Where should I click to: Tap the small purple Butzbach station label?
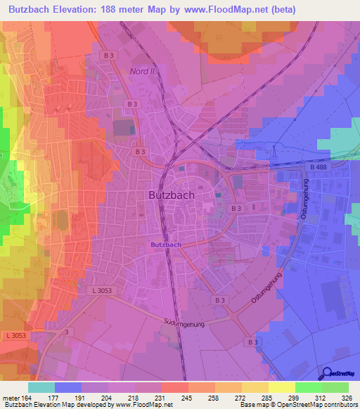167,244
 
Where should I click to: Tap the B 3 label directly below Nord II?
132,103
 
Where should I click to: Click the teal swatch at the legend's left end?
41,387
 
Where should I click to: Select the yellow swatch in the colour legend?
281,387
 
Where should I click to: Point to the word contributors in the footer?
341,405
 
